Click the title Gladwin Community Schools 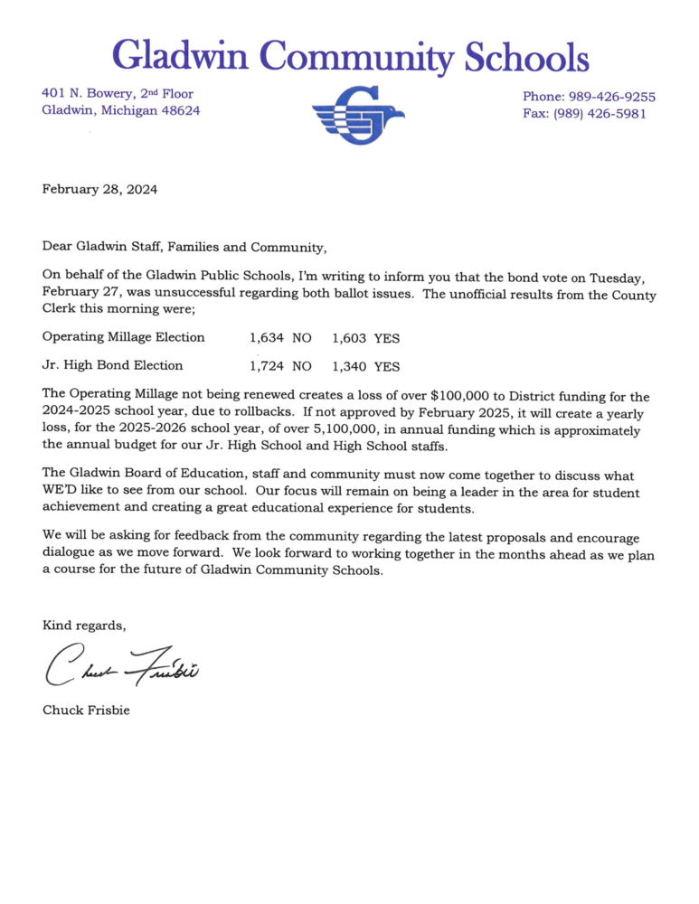[350, 57]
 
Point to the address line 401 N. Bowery [118, 93]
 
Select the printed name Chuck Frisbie [86, 710]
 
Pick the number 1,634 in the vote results [267, 338]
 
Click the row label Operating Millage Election [123, 337]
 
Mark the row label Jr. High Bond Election [112, 365]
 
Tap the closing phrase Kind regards [84, 626]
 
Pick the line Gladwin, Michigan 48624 [121, 110]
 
